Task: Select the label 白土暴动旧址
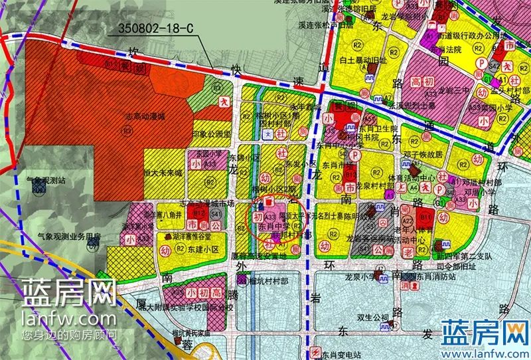tap(362, 60)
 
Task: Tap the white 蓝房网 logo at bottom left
tap(70, 292)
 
